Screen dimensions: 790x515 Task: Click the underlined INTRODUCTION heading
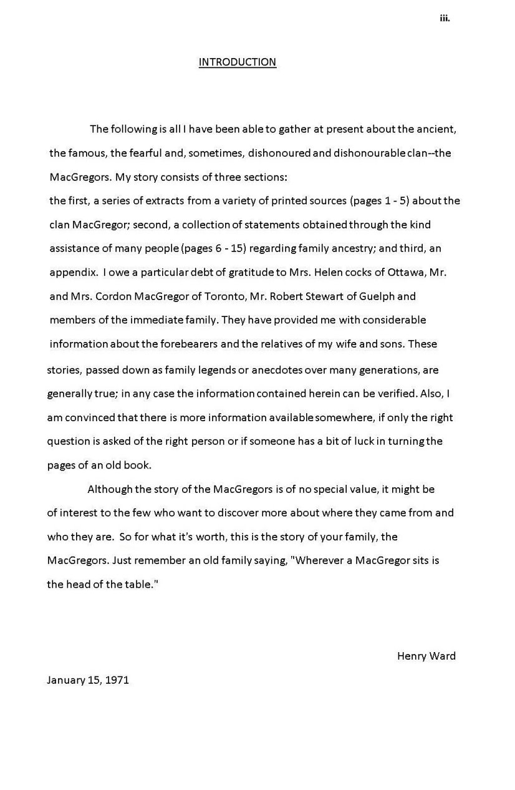[x=237, y=62]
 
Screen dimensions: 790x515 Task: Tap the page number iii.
[x=445, y=18]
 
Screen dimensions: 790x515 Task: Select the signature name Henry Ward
[x=426, y=656]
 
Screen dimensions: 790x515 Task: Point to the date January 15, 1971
[x=88, y=680]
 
